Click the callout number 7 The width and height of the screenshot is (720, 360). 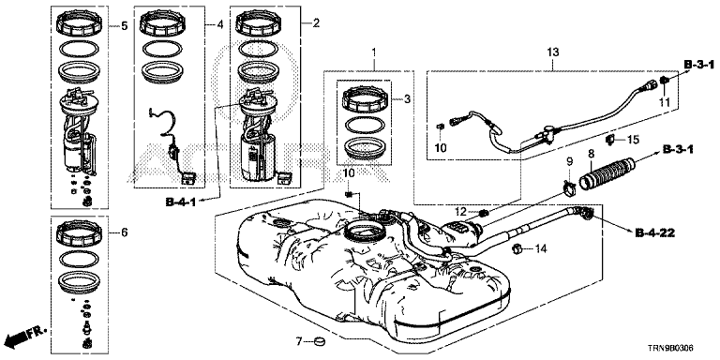[298, 341]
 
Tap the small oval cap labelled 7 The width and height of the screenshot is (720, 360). [318, 341]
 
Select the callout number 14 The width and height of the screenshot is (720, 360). [541, 249]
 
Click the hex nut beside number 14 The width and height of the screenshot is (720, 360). [517, 249]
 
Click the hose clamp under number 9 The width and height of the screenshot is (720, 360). [568, 187]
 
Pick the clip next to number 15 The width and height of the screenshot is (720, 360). [612, 139]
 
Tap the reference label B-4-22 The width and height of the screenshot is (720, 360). [655, 234]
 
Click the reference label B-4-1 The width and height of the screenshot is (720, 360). [180, 202]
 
